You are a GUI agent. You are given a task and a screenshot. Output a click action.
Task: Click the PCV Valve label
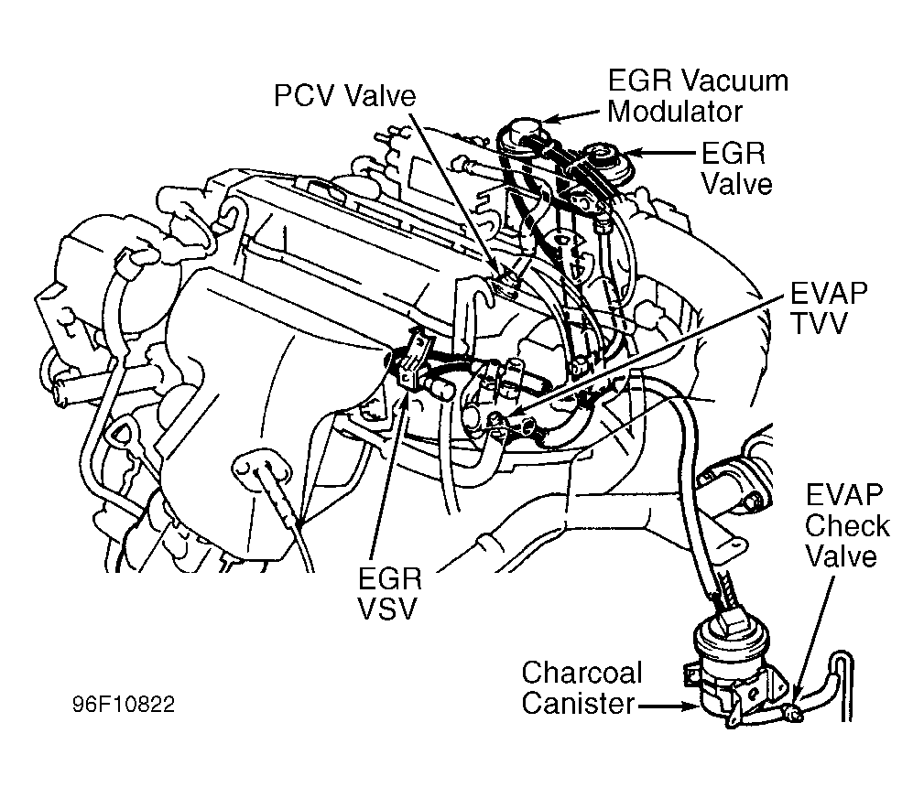point(345,95)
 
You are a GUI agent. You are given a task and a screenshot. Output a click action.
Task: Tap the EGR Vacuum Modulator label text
point(698,96)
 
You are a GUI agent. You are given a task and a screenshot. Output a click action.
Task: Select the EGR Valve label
point(736,169)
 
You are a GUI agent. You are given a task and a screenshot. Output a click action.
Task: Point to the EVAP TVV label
point(829,308)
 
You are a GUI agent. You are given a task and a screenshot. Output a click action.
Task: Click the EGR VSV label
point(390,594)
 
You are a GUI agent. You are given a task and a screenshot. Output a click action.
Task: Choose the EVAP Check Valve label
point(847,526)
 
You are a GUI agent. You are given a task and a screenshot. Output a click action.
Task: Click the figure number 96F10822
point(124,705)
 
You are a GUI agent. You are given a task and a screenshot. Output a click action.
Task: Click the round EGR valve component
point(608,157)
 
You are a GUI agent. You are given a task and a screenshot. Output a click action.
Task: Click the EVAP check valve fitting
point(793,714)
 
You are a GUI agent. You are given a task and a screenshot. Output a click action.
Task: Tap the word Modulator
point(675,112)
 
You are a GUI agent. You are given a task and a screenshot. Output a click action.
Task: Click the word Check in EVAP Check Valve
point(847,526)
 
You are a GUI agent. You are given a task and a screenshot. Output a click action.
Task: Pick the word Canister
point(578,703)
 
